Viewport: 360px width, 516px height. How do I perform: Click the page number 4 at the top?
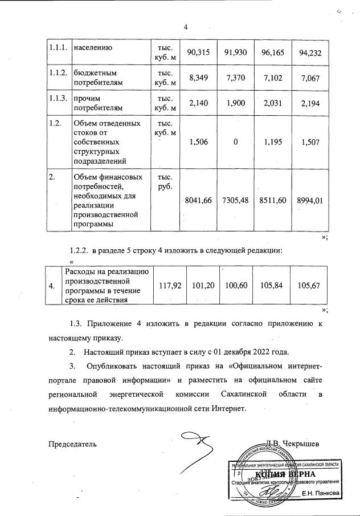186,27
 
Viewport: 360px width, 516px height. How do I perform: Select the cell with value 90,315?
199,52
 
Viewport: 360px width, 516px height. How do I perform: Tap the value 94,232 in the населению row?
310,52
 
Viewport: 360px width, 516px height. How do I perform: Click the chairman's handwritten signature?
197,445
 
